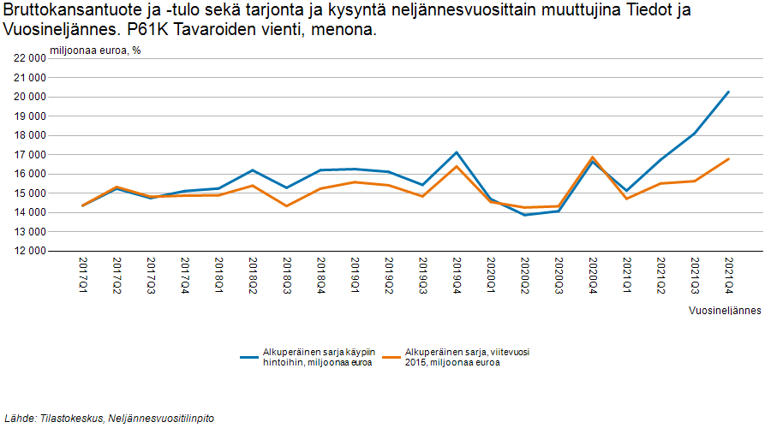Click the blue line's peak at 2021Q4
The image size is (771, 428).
point(728,92)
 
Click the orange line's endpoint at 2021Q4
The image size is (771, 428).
point(728,158)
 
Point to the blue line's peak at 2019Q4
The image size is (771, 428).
point(457,152)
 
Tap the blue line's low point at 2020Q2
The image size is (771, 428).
point(524,215)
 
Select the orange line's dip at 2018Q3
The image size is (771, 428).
point(287,205)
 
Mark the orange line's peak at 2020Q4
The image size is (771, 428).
point(592,158)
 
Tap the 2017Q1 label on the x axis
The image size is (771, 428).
point(83,274)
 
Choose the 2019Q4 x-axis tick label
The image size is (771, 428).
point(457,274)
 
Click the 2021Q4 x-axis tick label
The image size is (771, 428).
point(728,274)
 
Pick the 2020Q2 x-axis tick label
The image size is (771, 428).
point(524,274)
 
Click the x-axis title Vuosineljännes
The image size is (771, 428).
point(725,310)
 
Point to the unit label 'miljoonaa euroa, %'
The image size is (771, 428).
point(95,50)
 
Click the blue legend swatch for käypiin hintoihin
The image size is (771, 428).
point(249,357)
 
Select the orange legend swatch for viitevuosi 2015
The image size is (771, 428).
point(391,357)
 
